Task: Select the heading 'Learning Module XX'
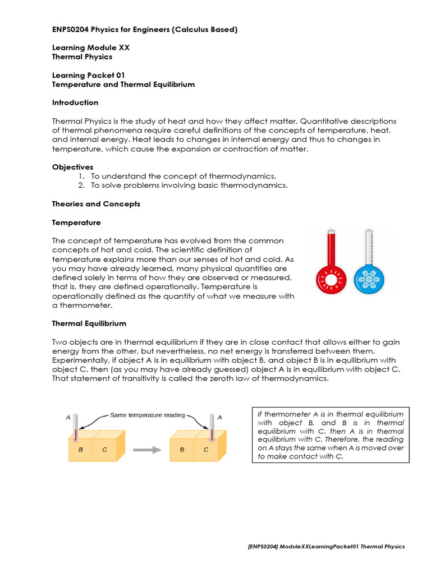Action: click(x=91, y=48)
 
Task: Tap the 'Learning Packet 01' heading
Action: click(x=88, y=75)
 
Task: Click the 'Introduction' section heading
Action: click(x=75, y=103)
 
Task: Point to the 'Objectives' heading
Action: click(x=73, y=167)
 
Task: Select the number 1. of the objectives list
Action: click(x=81, y=176)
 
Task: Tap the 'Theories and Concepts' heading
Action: click(x=96, y=204)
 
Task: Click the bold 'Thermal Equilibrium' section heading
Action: click(x=89, y=323)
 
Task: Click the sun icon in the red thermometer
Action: click(x=329, y=278)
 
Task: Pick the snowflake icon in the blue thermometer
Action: click(x=369, y=278)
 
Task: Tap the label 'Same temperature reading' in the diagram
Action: click(x=147, y=415)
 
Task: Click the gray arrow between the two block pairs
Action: click(x=144, y=449)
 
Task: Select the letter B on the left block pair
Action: click(x=80, y=450)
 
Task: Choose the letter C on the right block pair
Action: click(x=205, y=450)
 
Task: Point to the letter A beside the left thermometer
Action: click(x=68, y=417)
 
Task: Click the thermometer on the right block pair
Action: click(x=212, y=428)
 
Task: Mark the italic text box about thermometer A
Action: click(x=331, y=435)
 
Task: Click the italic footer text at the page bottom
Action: click(x=325, y=547)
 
